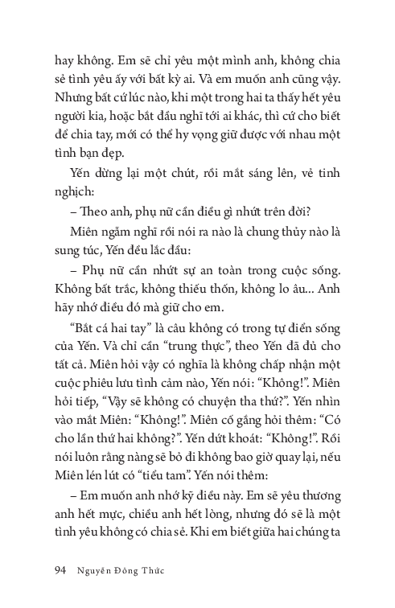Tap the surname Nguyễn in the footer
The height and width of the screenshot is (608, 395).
(98, 571)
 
